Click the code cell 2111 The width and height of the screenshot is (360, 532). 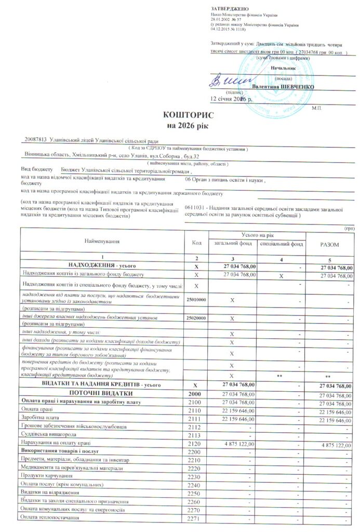click(196, 419)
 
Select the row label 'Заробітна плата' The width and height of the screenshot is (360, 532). click(38, 419)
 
